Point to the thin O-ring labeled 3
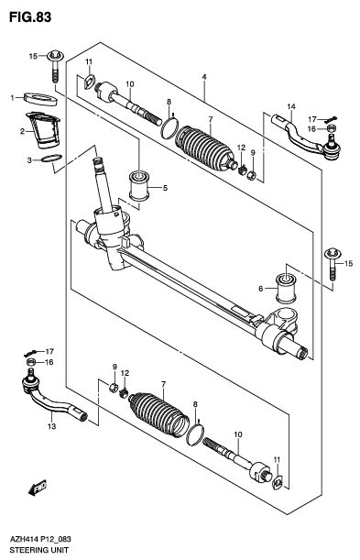[x=53, y=163]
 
